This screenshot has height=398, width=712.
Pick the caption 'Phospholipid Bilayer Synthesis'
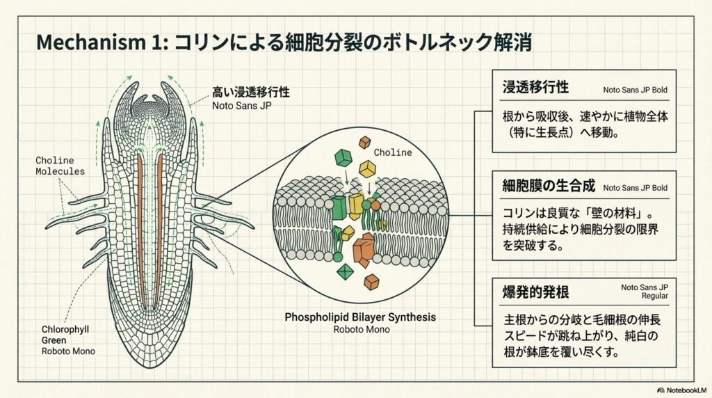pyautogui.click(x=360, y=317)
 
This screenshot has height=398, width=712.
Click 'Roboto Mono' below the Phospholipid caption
pyautogui.click(x=360, y=330)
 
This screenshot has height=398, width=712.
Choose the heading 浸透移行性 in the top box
pyautogui.click(x=536, y=88)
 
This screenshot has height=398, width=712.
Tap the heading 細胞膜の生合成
pyautogui.click(x=549, y=186)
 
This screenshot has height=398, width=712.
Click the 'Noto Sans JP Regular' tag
pyautogui.click(x=645, y=290)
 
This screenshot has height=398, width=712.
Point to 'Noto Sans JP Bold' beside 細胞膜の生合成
pyautogui.click(x=635, y=188)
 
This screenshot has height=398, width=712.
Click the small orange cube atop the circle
pyautogui.click(x=364, y=143)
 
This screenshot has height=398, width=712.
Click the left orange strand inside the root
pyautogui.click(x=140, y=230)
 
